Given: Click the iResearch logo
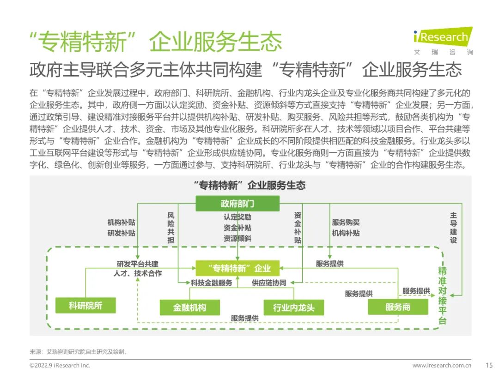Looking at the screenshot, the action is coord(443,41).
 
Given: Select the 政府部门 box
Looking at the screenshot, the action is coord(237,204).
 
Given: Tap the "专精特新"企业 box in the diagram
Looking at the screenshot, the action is coord(237,268).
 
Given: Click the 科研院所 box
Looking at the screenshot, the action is coord(85,306).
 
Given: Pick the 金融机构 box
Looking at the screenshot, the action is coord(190,308).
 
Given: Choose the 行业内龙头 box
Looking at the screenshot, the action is coord(294,308).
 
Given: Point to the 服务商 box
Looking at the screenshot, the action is coord(398,307).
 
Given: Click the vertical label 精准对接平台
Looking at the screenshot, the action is coord(442,296).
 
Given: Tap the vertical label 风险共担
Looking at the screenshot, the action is coord(171,228).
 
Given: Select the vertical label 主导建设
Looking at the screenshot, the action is coord(454,228).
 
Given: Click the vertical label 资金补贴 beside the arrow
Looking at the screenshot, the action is coord(298,228).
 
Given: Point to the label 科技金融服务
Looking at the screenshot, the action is coord(211,283).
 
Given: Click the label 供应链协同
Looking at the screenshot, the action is coord(269,283).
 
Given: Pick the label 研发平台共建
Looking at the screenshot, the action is coord(138,264).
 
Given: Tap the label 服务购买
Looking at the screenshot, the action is coord(346,222).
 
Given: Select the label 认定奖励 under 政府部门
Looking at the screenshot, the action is coord(237,217).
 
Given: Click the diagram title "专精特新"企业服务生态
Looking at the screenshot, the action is coord(250,185).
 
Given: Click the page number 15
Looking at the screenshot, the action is coord(489,365).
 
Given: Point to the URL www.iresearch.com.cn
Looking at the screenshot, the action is coord(442,365).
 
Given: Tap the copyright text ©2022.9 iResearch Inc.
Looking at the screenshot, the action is coord(60,365).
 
